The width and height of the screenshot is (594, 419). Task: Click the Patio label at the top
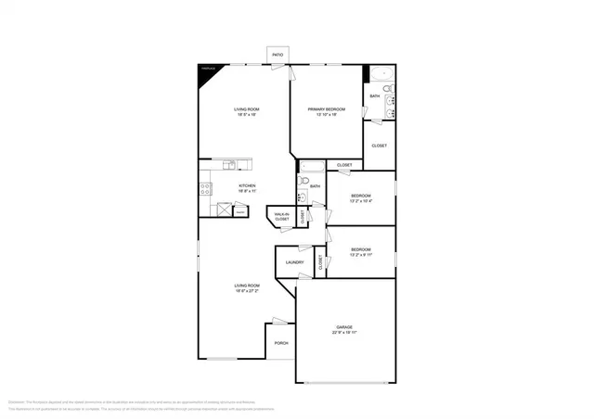coord(278,56)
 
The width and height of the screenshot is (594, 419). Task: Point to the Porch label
coord(280,343)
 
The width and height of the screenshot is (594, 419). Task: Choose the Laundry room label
coord(295,262)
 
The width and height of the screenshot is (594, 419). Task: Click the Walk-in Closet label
coord(281,217)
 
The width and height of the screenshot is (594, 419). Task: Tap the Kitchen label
coord(247,185)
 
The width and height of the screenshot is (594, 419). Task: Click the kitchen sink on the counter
coord(230,166)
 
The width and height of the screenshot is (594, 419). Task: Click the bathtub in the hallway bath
coord(311,167)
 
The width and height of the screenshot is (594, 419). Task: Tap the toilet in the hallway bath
coord(303,181)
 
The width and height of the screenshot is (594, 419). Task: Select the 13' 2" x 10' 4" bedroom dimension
coord(361,201)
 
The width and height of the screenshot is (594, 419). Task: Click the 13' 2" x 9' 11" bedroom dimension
coord(361,254)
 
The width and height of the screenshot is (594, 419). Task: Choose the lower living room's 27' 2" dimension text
coord(247,291)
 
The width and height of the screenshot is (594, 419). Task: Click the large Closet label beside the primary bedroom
coord(379,146)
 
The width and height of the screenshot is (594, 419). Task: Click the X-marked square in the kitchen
coord(223,209)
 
